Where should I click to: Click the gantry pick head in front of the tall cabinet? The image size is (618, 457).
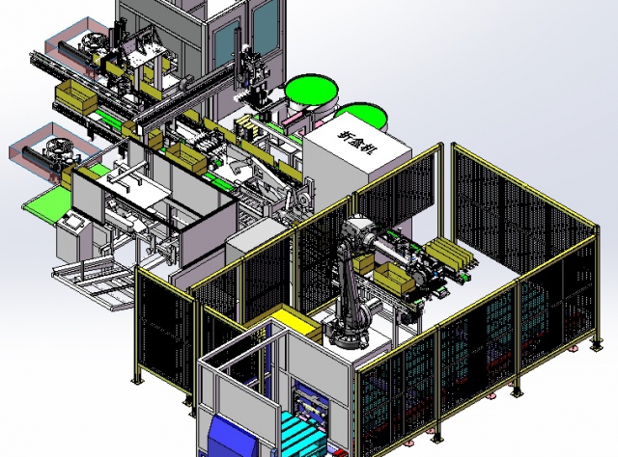point(254,72)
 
